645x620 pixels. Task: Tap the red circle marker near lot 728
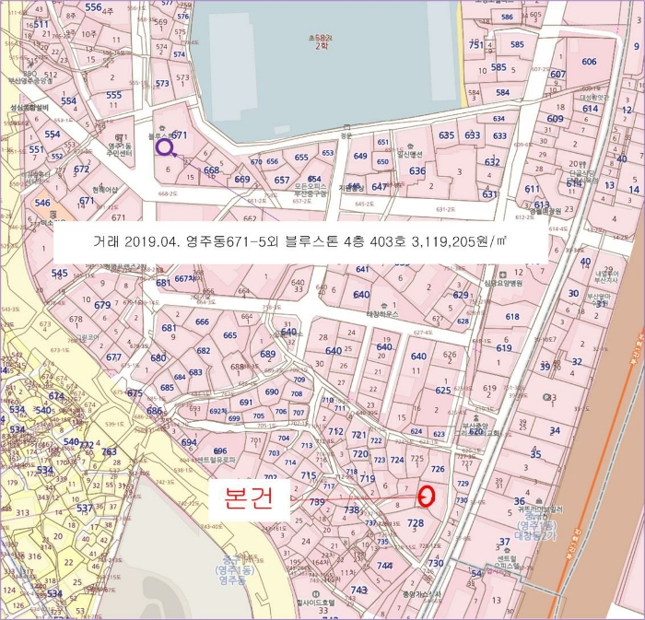427,496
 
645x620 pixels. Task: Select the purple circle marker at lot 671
164,146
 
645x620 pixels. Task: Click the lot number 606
588,61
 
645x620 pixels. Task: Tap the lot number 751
475,45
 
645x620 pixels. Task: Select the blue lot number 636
417,171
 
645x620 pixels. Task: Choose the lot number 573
162,84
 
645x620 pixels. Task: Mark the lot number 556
92,7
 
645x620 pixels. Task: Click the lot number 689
267,355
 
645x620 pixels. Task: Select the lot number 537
84,508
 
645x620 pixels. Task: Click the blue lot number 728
415,523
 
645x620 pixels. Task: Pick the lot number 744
384,565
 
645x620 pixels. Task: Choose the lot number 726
438,470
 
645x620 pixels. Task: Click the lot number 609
555,120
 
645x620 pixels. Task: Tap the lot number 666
202,322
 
